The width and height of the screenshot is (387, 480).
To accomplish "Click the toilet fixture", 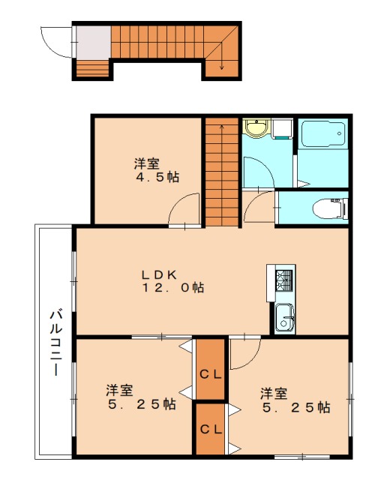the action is click(330, 208).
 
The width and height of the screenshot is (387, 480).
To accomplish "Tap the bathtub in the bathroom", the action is click(323, 134).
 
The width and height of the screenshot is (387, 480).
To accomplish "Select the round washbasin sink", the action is click(256, 127).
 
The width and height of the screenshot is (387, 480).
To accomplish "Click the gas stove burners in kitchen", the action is click(284, 280).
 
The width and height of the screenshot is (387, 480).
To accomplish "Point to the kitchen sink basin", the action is click(285, 318).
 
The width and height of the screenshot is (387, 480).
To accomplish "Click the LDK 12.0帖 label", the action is click(172, 281).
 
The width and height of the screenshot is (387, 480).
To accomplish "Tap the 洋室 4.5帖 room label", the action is click(157, 170).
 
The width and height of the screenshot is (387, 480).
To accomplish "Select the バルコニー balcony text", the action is click(56, 343).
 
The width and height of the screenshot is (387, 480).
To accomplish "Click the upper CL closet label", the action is click(210, 374).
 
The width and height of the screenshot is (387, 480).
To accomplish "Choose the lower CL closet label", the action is click(210, 429).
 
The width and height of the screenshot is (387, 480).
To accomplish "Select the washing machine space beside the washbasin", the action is click(283, 129).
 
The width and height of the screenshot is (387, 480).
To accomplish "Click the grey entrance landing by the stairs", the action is click(94, 42).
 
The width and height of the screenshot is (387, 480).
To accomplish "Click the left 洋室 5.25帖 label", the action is click(142, 397).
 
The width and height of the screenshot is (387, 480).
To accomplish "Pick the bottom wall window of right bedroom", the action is click(302, 457).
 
